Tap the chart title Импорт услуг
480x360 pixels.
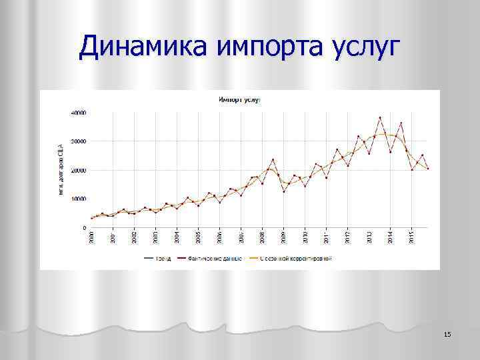[239, 99]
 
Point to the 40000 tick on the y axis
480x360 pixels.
[79, 113]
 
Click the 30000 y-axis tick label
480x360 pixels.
[79, 141]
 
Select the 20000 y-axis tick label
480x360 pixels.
[79, 170]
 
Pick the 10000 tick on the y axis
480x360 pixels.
[79, 199]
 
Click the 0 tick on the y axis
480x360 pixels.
[83, 227]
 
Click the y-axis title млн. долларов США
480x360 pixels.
[60, 169]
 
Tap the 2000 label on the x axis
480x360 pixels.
[92, 237]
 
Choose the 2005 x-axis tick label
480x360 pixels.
[198, 237]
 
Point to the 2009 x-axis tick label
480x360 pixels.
[283, 237]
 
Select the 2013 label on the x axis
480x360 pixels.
[369, 237]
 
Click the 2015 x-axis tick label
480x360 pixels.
[411, 237]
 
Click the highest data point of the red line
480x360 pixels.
[380, 118]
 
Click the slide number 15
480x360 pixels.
[447, 333]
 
